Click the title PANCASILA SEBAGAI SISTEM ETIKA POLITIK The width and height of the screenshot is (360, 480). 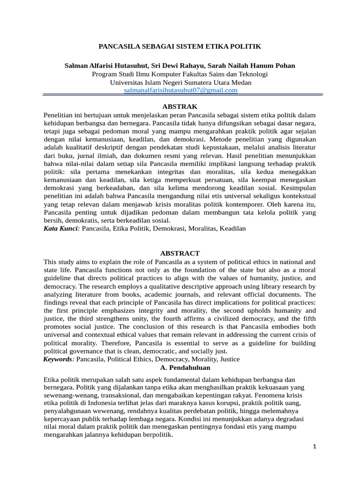click(x=180, y=47)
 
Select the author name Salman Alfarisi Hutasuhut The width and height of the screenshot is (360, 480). click(x=105, y=66)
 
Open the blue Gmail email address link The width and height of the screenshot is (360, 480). click(x=180, y=90)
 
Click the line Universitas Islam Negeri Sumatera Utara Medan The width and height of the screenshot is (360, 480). click(x=180, y=82)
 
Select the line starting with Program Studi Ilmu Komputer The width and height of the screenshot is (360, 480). click(x=180, y=74)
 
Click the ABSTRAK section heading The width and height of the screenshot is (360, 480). click(x=180, y=107)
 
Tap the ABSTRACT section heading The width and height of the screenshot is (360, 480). click(x=180, y=253)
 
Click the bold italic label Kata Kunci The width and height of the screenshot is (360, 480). click(x=61, y=228)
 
